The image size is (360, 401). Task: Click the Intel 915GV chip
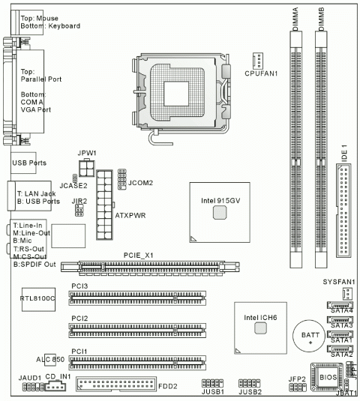pyautogui.click(x=218, y=213)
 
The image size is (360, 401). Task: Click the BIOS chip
pyautogui.click(x=327, y=373)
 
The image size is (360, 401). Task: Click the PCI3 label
pyautogui.click(x=79, y=286)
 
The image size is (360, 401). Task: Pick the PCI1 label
pyautogui.click(x=79, y=351)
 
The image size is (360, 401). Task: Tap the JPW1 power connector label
pyautogui.click(x=86, y=152)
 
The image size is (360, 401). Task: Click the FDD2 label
pyautogui.click(x=166, y=386)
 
